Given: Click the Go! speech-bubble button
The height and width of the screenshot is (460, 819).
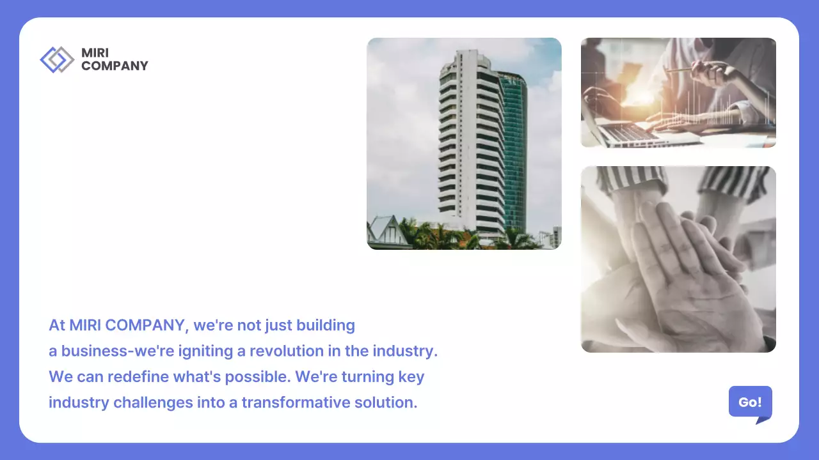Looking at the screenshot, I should click(750, 402).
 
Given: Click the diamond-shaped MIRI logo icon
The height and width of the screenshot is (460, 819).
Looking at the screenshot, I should click(57, 59).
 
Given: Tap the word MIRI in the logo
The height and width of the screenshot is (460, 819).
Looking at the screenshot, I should click(95, 53).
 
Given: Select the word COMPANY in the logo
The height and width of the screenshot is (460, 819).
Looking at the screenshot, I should click(115, 66).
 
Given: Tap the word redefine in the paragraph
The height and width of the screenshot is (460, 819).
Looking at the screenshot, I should click(138, 377).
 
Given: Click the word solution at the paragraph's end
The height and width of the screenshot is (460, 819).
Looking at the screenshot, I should click(386, 403).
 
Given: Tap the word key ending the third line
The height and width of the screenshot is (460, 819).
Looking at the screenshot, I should click(411, 377).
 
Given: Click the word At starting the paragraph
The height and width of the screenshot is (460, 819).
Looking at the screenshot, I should click(57, 325).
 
